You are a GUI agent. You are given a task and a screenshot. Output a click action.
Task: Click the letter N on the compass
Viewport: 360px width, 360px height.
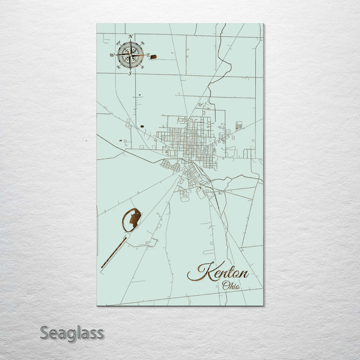(x=130, y=36)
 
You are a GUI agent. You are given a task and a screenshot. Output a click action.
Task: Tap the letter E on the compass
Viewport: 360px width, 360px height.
(x=147, y=55)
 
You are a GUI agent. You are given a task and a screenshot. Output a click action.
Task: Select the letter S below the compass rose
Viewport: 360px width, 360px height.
(x=130, y=73)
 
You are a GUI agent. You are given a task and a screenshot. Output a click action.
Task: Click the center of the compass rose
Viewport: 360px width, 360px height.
(x=130, y=55)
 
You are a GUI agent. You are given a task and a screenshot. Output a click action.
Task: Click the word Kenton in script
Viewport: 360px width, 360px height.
(x=218, y=272)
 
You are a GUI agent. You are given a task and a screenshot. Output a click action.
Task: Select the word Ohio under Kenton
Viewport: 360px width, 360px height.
(x=231, y=286)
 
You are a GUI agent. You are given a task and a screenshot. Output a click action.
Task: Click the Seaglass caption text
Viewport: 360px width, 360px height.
(x=72, y=332)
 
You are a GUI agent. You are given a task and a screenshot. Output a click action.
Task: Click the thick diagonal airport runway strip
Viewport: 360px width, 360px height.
(x=113, y=253)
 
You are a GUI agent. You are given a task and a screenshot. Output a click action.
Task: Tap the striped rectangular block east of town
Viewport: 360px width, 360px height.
(x=239, y=125)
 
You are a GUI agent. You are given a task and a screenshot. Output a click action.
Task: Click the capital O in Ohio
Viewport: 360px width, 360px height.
(x=225, y=286)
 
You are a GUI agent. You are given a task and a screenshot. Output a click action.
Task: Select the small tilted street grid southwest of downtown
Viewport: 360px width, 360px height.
(x=169, y=165)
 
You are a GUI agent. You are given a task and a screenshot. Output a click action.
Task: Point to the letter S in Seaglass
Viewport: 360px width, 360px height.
(x=44, y=332)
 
